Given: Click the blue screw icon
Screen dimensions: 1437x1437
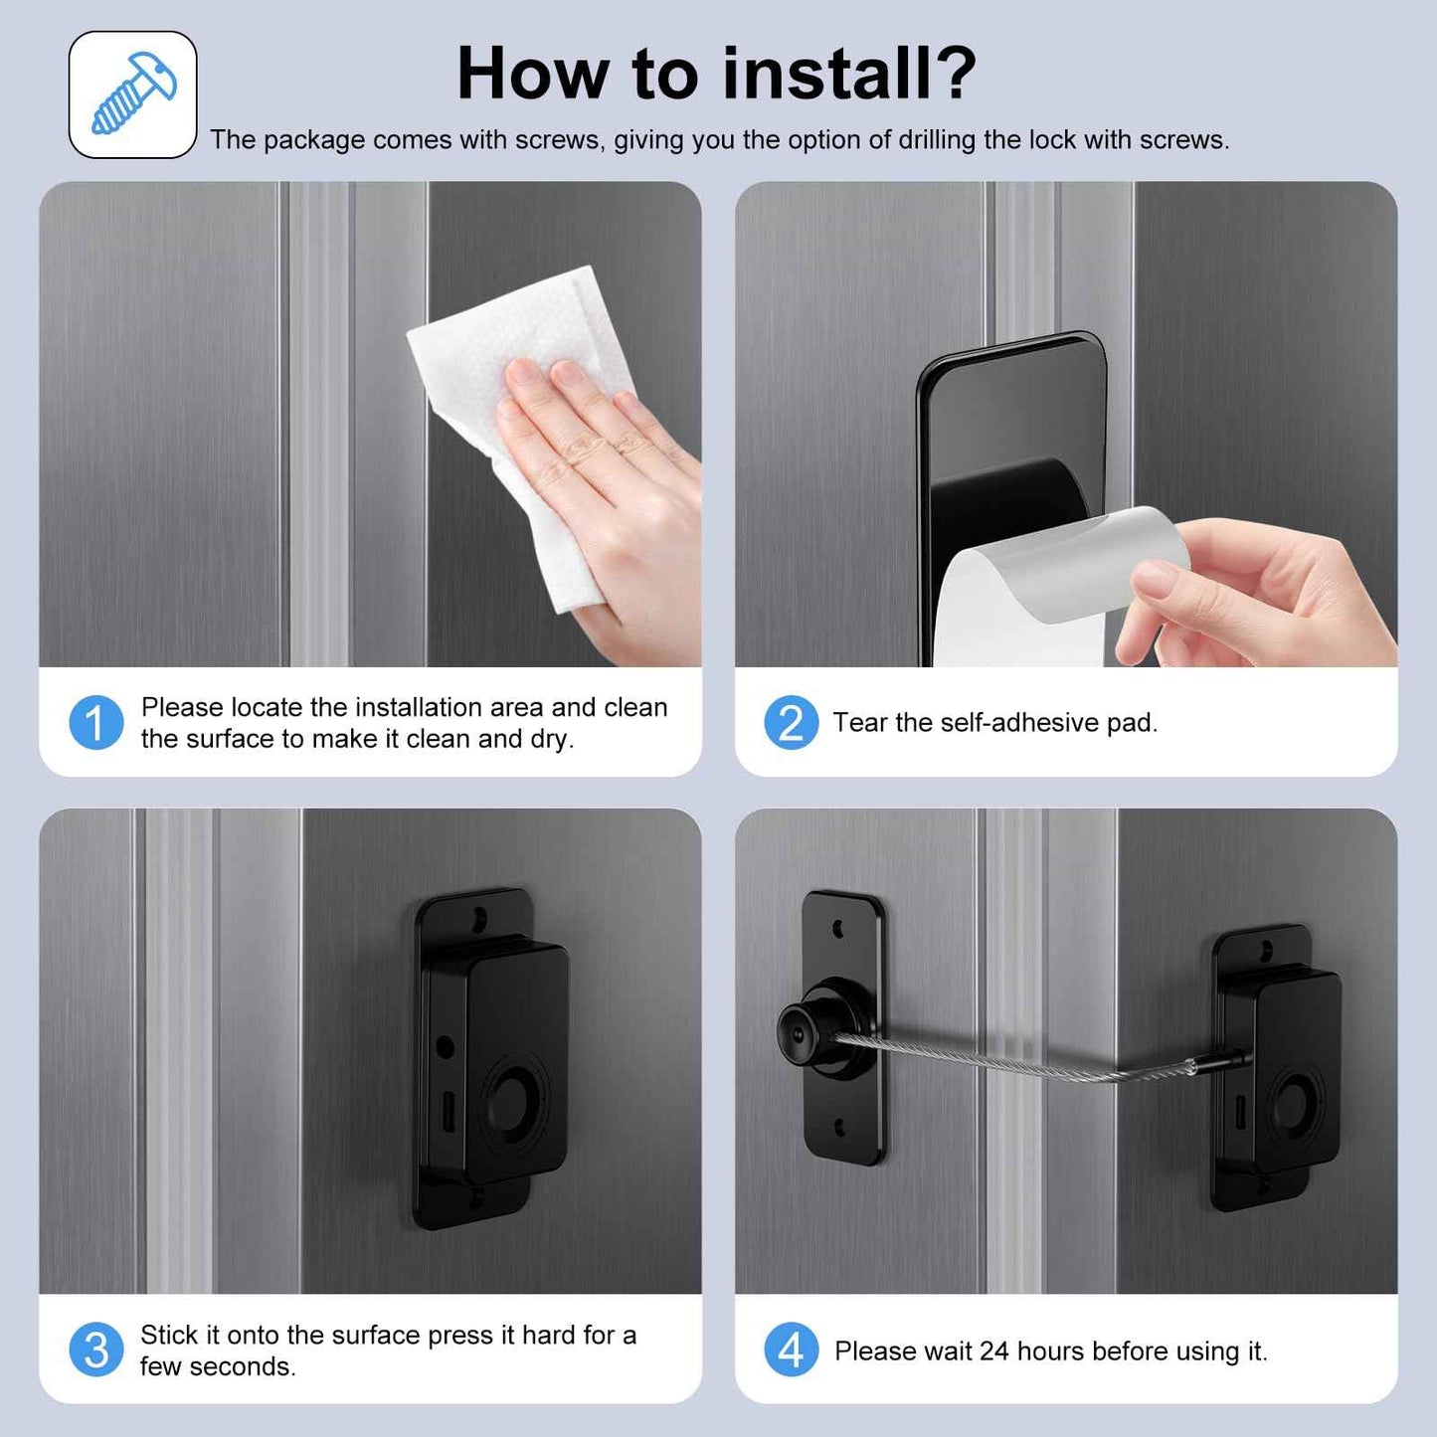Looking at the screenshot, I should click(x=133, y=93).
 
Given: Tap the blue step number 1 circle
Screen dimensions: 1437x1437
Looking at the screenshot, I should click(x=96, y=722).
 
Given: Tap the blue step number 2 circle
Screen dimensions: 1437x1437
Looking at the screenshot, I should click(x=791, y=722).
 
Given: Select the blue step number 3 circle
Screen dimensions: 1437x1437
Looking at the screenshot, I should click(x=96, y=1349).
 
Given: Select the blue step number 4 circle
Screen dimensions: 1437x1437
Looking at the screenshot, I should click(x=791, y=1349).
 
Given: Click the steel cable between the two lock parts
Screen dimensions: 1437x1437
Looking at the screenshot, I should click(x=1024, y=1059).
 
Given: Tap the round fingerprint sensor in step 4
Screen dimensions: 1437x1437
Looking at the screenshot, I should click(x=1294, y=1106).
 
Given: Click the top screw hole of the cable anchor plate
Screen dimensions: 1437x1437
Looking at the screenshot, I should click(x=839, y=929).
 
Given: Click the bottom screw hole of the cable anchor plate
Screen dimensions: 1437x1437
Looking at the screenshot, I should click(x=839, y=1127).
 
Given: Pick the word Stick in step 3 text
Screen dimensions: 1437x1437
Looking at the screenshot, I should click(x=169, y=1335).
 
